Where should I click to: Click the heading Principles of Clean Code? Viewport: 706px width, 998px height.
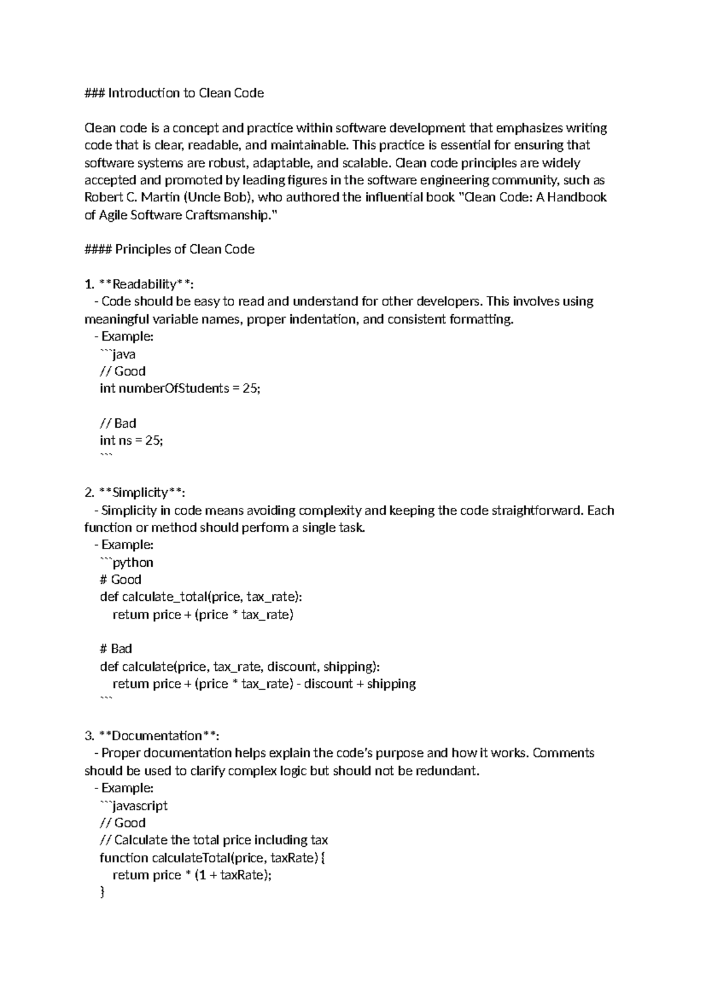(184, 249)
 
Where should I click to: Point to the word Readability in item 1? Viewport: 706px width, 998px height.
(144, 285)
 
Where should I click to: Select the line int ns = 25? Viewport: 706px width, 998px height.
(131, 440)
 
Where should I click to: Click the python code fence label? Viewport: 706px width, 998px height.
(133, 563)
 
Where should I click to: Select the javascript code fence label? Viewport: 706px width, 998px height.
(140, 806)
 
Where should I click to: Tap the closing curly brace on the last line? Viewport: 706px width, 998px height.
(102, 893)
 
